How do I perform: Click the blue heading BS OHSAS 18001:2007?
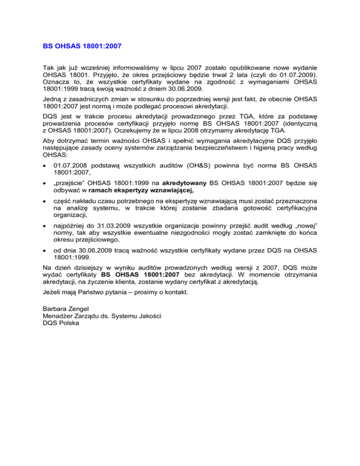click(x=82, y=47)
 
